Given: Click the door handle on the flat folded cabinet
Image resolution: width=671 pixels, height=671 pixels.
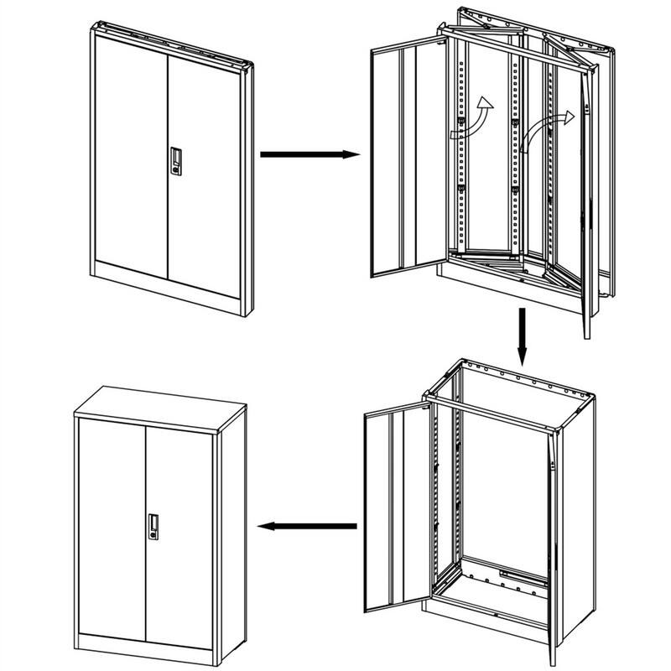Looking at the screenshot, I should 176,161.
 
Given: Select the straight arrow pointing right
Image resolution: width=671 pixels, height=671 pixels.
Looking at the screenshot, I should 309,154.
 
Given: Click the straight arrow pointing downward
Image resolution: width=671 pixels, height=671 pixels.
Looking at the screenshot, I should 522,336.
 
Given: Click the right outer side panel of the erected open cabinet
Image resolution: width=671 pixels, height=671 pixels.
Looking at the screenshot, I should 579,520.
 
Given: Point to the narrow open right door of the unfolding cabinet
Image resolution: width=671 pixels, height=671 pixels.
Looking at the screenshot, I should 588,210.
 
